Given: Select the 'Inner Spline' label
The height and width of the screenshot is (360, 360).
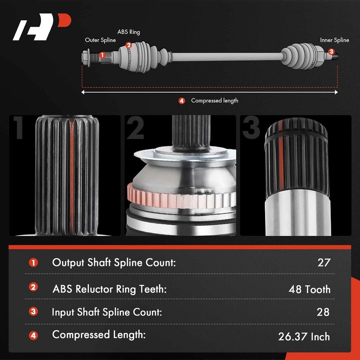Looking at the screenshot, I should pos(334,40).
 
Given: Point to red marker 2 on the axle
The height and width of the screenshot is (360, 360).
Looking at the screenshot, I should pos(129,45).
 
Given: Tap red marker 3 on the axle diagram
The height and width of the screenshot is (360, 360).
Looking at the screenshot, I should pos(331,52).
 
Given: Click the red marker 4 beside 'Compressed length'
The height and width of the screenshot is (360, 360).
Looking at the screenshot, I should pos(182,101).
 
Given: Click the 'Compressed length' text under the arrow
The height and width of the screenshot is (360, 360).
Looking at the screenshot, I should pos(215,101).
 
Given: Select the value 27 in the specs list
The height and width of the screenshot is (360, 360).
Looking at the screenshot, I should pos(324,263).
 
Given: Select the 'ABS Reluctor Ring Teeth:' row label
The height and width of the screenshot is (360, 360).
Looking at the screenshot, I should pos(109,288).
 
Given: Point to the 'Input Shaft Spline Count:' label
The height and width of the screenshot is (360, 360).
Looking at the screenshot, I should pos(107,312).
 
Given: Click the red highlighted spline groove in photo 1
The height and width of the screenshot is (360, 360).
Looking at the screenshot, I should pos(71,175).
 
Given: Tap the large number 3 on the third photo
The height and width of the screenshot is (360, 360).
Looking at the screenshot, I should pos(252,128).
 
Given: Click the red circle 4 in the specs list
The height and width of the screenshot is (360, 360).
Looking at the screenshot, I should pos(33,335).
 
